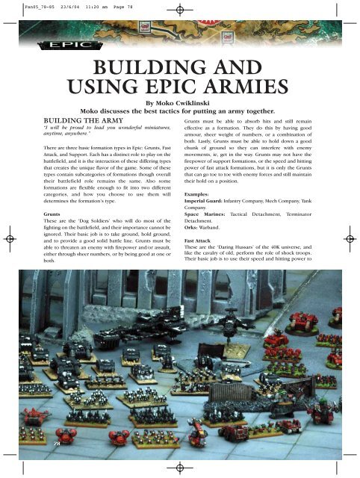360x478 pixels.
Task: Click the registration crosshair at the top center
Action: click(x=180, y=13)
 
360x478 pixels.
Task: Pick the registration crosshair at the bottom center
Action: click(x=180, y=467)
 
